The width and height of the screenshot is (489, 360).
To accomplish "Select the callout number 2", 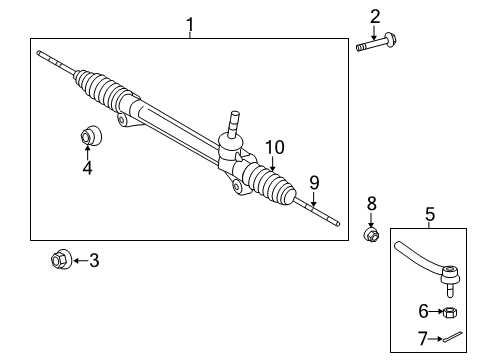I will click(x=375, y=15).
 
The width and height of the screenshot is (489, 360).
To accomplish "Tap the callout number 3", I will click(x=94, y=262).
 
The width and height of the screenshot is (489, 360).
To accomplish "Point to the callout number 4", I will click(x=87, y=168).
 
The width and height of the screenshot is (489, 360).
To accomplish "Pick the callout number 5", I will click(x=429, y=213).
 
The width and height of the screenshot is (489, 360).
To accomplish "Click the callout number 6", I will click(x=423, y=312).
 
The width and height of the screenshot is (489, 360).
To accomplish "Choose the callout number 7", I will click(x=423, y=339).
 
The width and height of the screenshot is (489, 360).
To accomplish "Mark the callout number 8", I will click(x=371, y=203).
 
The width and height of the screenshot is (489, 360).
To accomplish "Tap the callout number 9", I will click(x=313, y=182).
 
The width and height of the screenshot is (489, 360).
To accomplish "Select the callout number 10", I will click(x=274, y=147).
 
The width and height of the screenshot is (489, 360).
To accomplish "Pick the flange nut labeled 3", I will click(x=59, y=261).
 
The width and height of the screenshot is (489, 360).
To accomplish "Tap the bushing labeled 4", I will click(x=87, y=136).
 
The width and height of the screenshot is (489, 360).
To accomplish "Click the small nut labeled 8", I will click(x=370, y=235).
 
